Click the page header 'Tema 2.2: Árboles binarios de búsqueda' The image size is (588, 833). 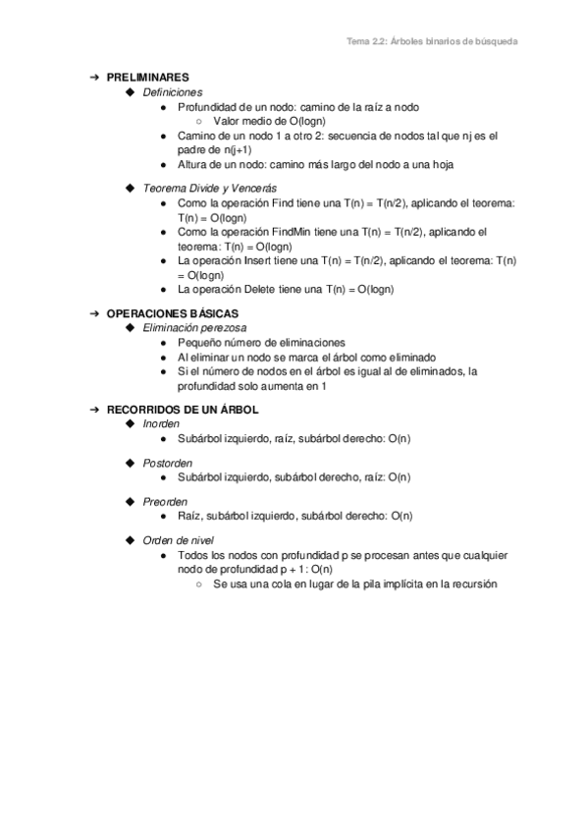pyautogui.click(x=432, y=42)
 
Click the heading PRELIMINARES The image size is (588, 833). pyautogui.click(x=147, y=77)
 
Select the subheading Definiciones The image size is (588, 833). pyautogui.click(x=172, y=91)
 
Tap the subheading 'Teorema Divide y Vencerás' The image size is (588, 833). pyautogui.click(x=209, y=187)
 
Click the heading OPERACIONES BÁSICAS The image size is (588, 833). pyautogui.click(x=172, y=312)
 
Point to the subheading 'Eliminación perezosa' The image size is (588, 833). pyautogui.click(x=194, y=326)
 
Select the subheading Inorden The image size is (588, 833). pyautogui.click(x=161, y=422)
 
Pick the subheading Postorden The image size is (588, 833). pyautogui.click(x=168, y=462)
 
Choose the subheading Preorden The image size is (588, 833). pyautogui.click(x=165, y=501)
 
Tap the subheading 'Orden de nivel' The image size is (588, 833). pyautogui.click(x=179, y=540)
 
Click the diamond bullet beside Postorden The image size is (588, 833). pyautogui.click(x=131, y=462)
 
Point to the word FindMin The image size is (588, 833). pyautogui.click(x=291, y=232)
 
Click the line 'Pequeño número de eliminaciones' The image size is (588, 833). pyautogui.click(x=261, y=342)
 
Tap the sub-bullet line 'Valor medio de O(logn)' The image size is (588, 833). pyautogui.click(x=267, y=121)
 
